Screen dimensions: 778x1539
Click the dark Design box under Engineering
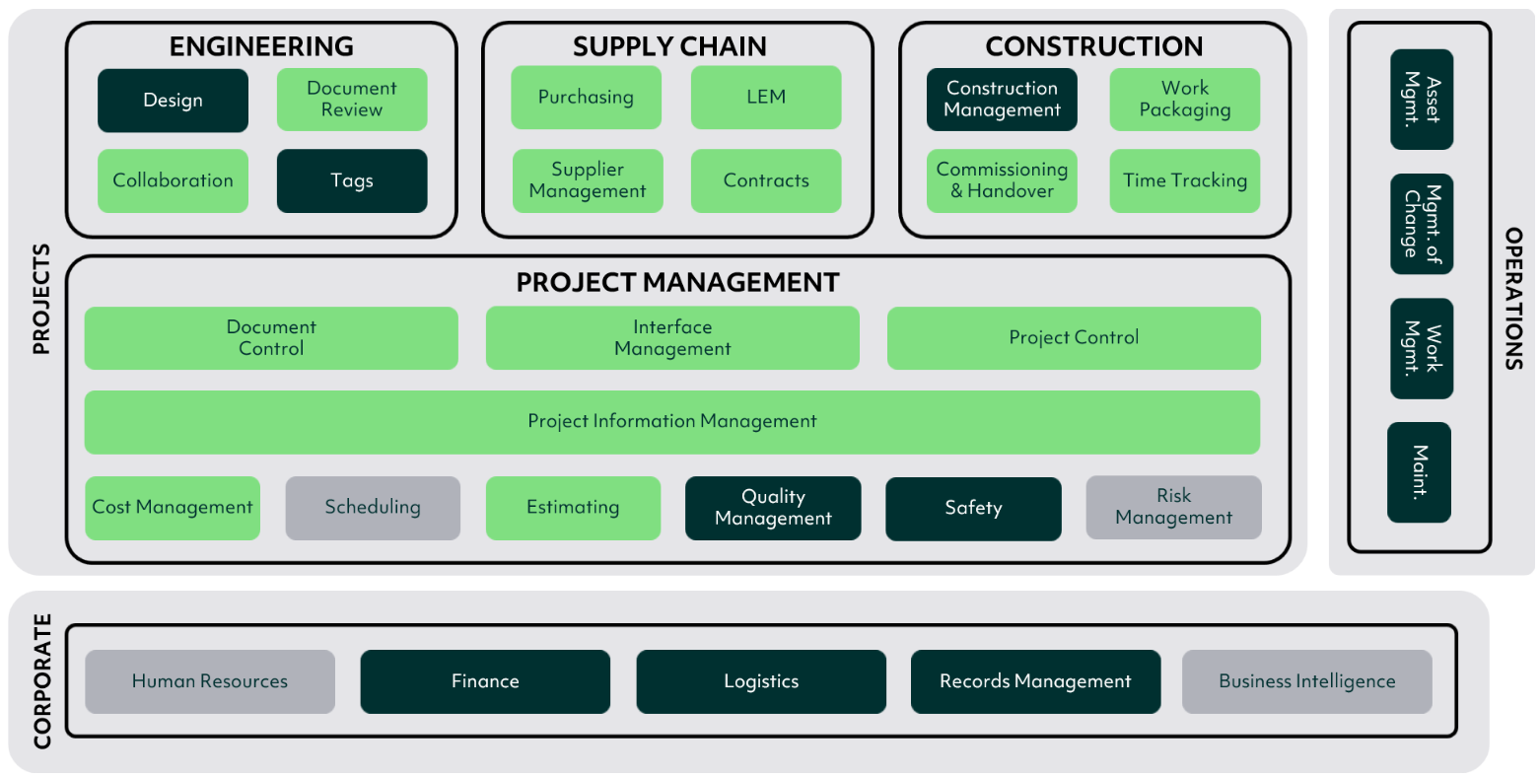tap(173, 100)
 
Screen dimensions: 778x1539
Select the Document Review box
tap(352, 100)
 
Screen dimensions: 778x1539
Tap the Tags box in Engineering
tap(352, 180)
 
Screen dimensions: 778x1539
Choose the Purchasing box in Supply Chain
tap(586, 98)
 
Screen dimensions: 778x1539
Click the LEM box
tap(766, 98)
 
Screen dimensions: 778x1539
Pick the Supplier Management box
tap(588, 180)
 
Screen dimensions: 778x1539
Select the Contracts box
tap(766, 180)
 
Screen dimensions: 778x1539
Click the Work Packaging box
tap(1185, 100)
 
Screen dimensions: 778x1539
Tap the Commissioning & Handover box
tap(1002, 180)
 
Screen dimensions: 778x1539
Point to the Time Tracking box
tap(1185, 180)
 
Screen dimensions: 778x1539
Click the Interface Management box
tap(672, 338)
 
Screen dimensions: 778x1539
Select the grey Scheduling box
tap(373, 508)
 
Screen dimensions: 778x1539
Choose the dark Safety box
tap(973, 509)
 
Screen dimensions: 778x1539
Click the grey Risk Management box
tap(1173, 508)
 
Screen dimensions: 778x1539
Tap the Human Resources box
tap(210, 681)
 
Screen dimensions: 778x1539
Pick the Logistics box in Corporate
tap(761, 681)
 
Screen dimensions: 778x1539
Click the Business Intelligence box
tap(1306, 681)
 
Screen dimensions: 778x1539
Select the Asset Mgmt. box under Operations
tap(1422, 100)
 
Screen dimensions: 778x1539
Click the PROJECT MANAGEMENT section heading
tap(677, 283)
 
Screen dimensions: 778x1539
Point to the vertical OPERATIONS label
tap(1513, 299)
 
